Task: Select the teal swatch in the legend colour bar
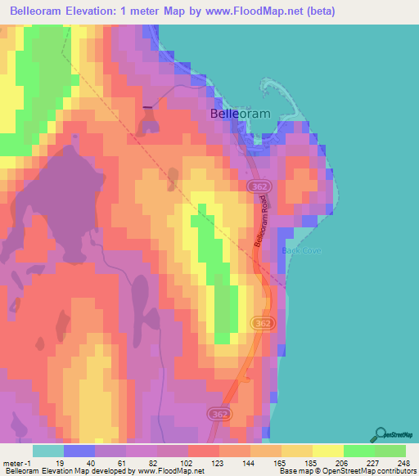tap(47, 451)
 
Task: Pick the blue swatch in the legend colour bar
tap(79, 451)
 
